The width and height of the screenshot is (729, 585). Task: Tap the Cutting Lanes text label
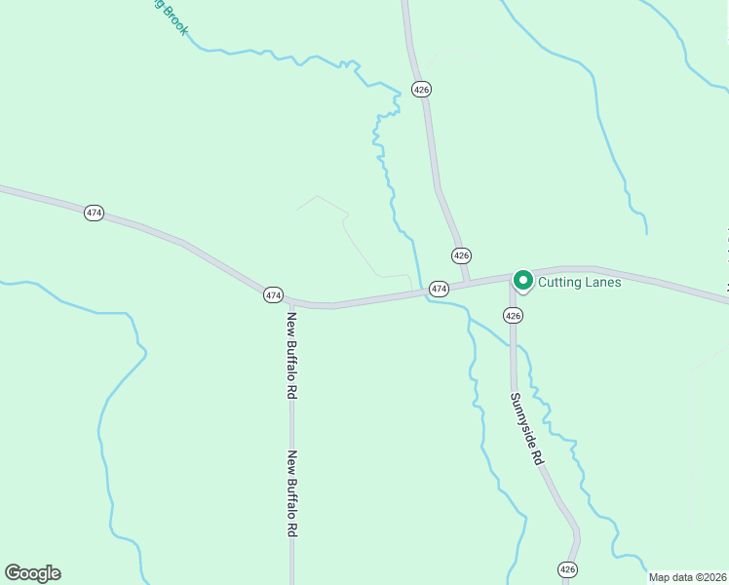click(579, 282)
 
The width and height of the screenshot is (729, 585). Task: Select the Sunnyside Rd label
click(524, 429)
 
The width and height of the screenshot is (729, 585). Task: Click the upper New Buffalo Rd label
click(291, 355)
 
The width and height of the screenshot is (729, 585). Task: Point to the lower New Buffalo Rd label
click(291, 494)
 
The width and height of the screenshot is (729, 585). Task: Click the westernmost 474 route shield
click(94, 213)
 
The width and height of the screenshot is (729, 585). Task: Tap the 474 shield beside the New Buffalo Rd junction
click(273, 293)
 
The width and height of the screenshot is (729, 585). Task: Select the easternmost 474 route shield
click(439, 289)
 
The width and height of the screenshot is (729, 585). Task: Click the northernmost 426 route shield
click(421, 89)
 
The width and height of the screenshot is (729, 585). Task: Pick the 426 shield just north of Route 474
click(461, 254)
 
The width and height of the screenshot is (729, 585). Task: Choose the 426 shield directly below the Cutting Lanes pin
click(514, 315)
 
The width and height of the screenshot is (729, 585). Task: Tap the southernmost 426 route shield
click(568, 568)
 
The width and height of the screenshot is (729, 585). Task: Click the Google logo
click(32, 573)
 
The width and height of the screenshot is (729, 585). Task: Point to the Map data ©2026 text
click(687, 577)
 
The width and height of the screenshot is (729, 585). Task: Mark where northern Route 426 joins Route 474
click(468, 282)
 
